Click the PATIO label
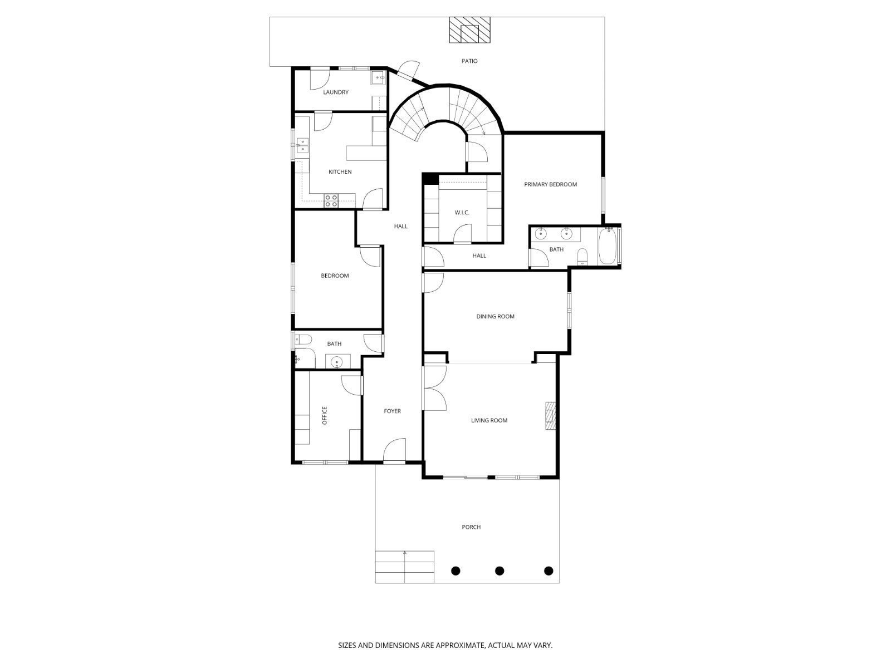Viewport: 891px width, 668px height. (x=469, y=61)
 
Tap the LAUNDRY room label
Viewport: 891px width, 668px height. (x=336, y=92)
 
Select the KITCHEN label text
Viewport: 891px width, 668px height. (x=340, y=172)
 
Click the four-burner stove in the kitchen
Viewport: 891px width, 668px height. (x=331, y=201)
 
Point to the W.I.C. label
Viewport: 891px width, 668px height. (x=462, y=213)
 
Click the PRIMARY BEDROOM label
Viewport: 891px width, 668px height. (x=550, y=184)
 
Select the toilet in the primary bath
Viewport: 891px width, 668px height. (x=582, y=257)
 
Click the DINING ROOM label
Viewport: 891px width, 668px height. (x=495, y=317)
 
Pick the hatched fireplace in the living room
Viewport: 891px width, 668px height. (x=550, y=416)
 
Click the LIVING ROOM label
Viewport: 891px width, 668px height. (x=489, y=421)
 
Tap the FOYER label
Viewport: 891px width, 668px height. (x=392, y=411)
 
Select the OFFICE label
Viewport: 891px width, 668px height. (x=325, y=416)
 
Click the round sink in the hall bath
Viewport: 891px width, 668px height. (x=336, y=363)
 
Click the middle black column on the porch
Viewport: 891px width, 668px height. (x=500, y=571)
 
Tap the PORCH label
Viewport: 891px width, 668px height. (x=471, y=527)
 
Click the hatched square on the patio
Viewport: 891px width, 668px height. (x=471, y=30)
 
